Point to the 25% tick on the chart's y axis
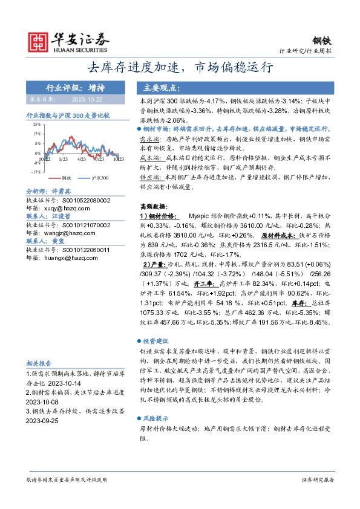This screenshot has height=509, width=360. pyautogui.click(x=38, y=125)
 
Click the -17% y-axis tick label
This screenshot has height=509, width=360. pyautogui.click(x=36, y=171)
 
